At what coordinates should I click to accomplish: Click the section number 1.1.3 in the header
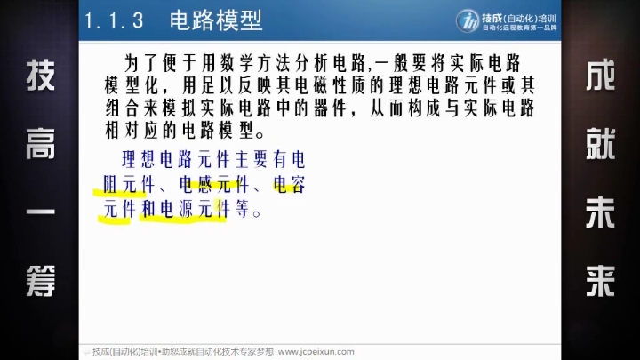[x=114, y=20]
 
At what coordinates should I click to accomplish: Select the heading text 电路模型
[x=216, y=20]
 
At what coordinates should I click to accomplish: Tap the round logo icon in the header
[x=468, y=20]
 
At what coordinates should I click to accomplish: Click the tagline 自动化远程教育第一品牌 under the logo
[x=520, y=28]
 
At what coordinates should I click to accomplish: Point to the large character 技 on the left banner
[x=40, y=75]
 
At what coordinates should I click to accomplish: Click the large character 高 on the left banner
[x=40, y=144]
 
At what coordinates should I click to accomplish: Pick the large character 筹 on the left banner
[x=40, y=281]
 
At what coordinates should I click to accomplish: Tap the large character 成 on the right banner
[x=600, y=75]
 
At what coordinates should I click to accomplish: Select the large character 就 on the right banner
[x=600, y=144]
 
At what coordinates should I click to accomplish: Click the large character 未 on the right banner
[x=600, y=212]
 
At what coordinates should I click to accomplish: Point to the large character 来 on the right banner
[x=600, y=281]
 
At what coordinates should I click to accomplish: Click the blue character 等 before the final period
[x=242, y=209]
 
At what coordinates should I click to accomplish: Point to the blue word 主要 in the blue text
[x=252, y=159]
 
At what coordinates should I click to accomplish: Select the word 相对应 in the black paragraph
[x=132, y=131]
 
